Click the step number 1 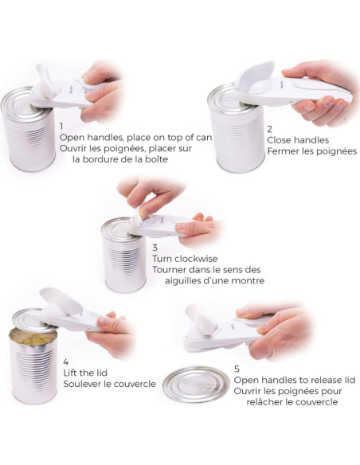tap(61, 127)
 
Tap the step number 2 tap(269, 129)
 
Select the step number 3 tap(155, 248)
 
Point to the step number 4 tap(66, 361)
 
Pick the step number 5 tap(237, 369)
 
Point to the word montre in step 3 tap(248, 280)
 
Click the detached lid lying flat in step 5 tap(196, 385)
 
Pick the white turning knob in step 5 tap(202, 320)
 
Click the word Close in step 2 tap(279, 140)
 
